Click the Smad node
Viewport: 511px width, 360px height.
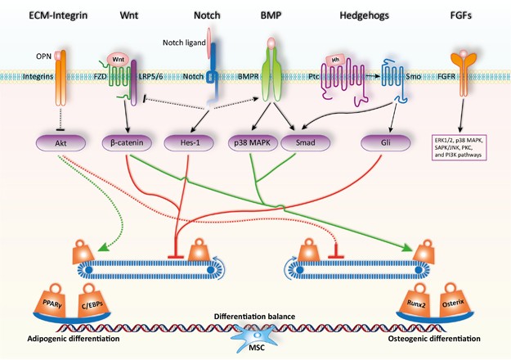click(x=303, y=141)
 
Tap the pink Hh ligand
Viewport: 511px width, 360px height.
click(x=336, y=58)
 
